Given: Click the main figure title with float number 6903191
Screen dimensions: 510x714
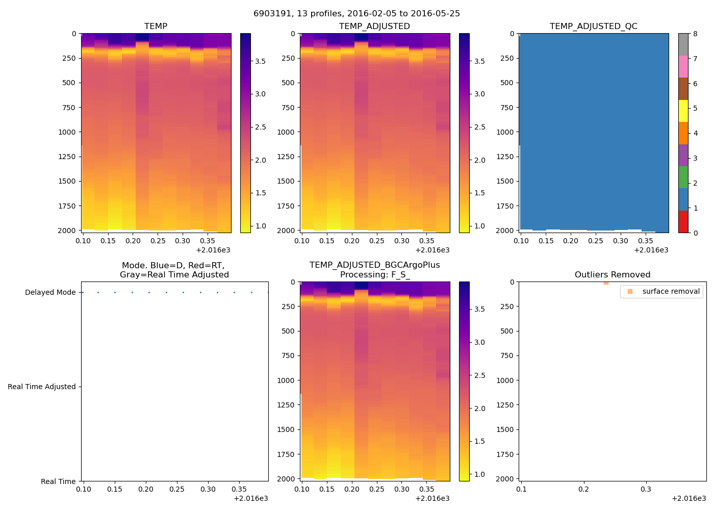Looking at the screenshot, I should point(356,14).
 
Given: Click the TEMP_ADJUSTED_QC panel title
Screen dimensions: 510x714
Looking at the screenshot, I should point(593,26).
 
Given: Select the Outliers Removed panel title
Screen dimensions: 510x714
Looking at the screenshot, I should point(612,274).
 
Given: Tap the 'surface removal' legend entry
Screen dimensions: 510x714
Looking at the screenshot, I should point(671,291).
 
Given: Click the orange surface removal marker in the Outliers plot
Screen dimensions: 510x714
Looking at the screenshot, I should point(606,283).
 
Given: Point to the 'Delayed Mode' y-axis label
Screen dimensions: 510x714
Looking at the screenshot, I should point(50,292).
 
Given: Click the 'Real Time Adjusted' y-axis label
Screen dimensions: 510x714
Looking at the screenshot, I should point(41,387).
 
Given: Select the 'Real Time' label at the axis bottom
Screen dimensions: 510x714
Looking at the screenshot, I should point(58,481).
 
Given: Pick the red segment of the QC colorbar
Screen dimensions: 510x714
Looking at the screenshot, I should point(683,222).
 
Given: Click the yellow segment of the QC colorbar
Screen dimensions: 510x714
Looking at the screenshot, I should point(683,111).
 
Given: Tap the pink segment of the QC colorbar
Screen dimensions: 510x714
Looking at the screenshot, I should point(683,67).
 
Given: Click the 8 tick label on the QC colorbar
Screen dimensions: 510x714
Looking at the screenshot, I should point(695,34).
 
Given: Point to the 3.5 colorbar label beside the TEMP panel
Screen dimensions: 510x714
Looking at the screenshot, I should point(260,61).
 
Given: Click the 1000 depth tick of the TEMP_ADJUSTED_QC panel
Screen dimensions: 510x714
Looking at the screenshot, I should point(505,132).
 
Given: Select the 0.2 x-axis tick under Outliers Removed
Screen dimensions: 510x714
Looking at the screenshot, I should point(583,489).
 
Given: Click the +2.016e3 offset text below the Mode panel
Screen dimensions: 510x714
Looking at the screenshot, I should point(250,498).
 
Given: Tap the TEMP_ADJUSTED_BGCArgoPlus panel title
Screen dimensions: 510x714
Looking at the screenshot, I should point(374,270).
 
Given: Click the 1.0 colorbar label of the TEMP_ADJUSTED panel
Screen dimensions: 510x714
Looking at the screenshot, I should point(479,226).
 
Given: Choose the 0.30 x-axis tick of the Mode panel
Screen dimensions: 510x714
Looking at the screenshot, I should point(208,489).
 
